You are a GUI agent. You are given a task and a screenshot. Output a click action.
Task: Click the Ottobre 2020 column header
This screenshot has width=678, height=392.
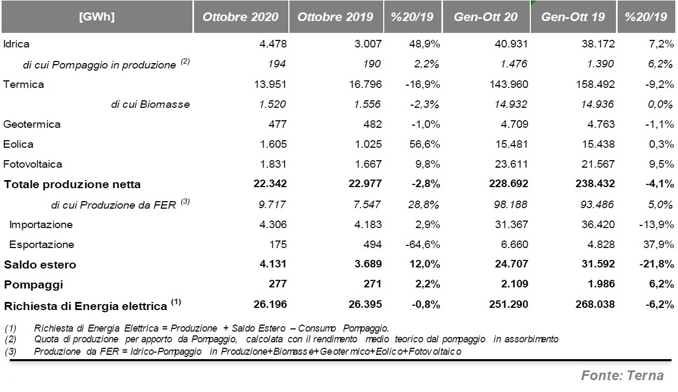(x=240, y=17)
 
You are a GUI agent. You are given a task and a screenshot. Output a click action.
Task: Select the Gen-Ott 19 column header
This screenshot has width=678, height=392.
(x=573, y=17)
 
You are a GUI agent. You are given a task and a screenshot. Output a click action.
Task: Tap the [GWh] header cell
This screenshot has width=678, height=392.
(x=97, y=17)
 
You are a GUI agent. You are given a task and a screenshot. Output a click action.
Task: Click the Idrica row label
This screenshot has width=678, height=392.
(x=16, y=44)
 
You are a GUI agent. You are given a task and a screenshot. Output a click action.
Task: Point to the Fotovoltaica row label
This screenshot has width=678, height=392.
(x=33, y=164)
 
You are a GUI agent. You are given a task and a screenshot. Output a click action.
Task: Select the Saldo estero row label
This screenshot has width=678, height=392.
(x=40, y=265)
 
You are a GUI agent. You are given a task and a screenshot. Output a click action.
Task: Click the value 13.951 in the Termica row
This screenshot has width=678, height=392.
(x=270, y=84)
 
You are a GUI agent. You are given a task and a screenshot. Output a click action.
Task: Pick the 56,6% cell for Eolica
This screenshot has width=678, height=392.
(x=424, y=144)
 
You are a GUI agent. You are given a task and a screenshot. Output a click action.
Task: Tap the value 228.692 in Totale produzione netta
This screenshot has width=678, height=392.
(x=509, y=183)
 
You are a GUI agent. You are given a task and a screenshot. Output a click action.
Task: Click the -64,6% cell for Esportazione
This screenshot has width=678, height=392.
(x=423, y=244)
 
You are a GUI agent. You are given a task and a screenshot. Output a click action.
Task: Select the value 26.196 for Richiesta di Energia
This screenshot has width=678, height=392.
(x=270, y=304)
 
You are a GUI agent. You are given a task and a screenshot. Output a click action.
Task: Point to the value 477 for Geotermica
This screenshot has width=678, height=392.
(x=278, y=124)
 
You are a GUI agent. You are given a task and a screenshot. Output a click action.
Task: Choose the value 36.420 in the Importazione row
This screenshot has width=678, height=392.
(x=598, y=224)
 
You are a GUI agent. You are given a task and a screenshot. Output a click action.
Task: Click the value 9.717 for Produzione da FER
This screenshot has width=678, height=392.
(x=272, y=204)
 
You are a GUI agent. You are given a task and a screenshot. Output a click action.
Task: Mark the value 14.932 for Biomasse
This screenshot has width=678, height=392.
(x=510, y=104)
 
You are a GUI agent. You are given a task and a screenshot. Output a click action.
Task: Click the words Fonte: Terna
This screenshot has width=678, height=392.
(x=622, y=376)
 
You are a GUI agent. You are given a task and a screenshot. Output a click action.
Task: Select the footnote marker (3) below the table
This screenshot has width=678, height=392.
(x=11, y=352)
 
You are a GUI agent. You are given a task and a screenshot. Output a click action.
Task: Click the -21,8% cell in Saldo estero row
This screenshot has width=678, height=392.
(x=656, y=264)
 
